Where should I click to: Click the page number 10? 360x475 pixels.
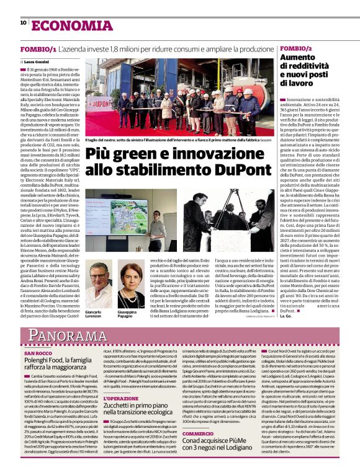point(24,23)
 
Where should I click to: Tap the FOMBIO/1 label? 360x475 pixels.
point(38,48)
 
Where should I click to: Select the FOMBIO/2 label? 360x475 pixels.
point(296,48)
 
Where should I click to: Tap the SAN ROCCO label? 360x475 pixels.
point(38,353)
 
